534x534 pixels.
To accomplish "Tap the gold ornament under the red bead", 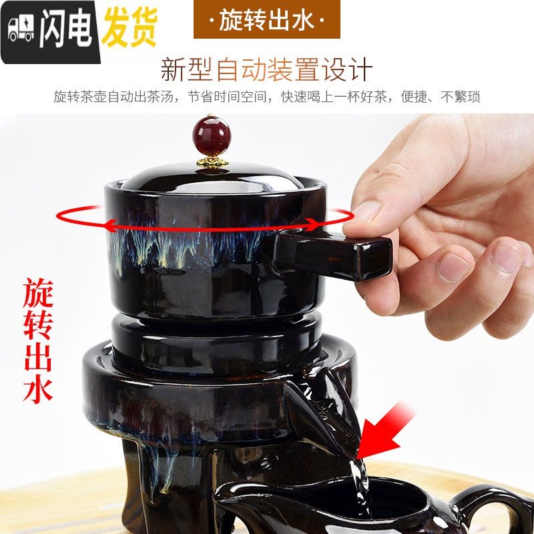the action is point(212,161).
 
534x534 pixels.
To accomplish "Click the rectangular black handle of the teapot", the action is point(332,254).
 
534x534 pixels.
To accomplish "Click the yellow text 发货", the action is point(129,27).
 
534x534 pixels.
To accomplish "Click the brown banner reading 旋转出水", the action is point(266,19).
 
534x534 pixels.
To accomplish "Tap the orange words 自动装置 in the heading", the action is point(268,71).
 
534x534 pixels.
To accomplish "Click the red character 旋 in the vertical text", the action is point(38,293).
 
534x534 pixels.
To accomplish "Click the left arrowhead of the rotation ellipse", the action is point(113,225).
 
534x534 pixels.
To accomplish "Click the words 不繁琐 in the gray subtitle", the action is point(461,97).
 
